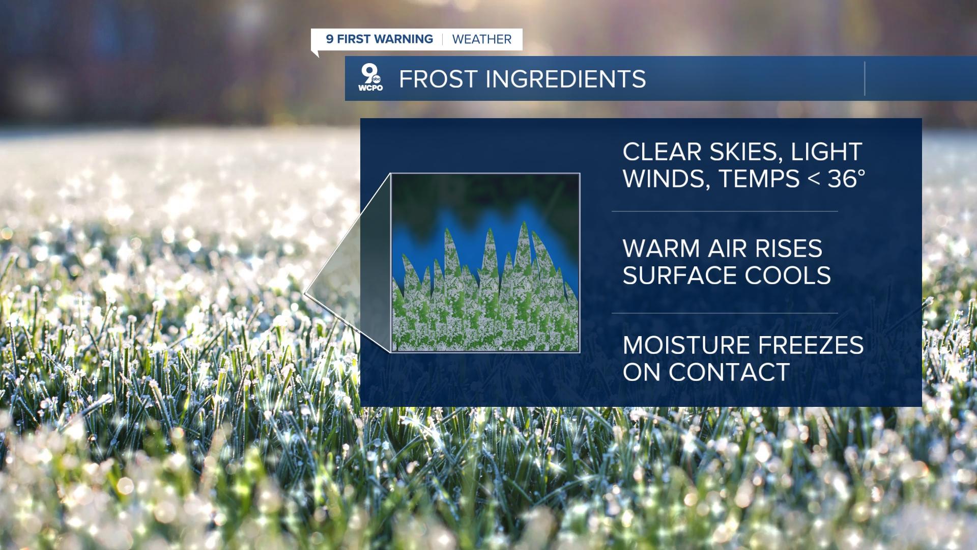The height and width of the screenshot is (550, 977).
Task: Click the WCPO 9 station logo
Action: [x=370, y=78]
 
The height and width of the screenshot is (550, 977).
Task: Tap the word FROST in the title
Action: [x=437, y=79]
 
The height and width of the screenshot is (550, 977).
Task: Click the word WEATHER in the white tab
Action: [x=481, y=39]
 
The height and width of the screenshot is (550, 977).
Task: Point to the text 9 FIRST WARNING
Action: [x=379, y=39]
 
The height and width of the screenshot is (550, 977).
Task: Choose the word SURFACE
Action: [x=679, y=276]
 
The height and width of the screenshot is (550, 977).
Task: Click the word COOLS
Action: [x=788, y=276]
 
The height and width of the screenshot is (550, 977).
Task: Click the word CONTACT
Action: [x=729, y=372]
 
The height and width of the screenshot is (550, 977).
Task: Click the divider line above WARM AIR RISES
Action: [x=725, y=211]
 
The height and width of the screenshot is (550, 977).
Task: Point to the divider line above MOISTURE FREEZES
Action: [x=725, y=313]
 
